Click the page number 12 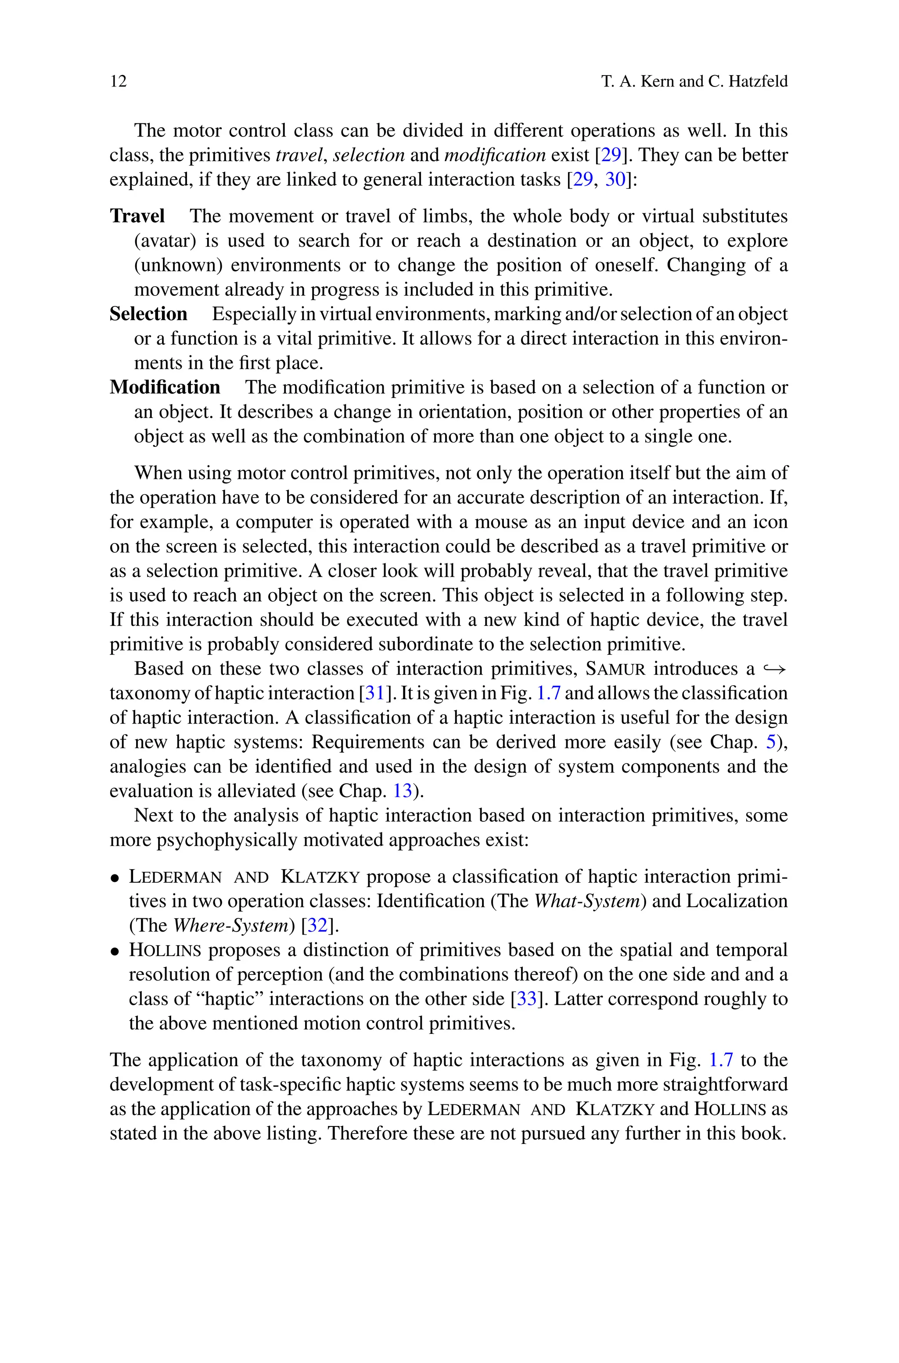coord(118,81)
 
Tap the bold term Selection coord(148,314)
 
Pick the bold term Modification coord(165,388)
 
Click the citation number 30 coord(615,180)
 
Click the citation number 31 coord(374,694)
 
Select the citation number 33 coord(526,999)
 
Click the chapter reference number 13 coord(403,791)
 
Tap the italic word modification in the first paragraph coord(495,155)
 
